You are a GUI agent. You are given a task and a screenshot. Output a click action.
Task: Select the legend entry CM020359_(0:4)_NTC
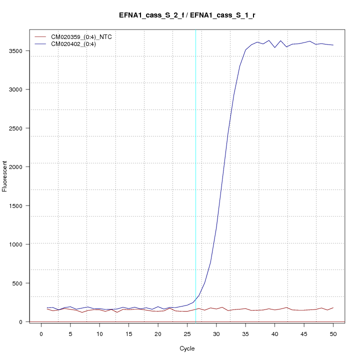click(x=85, y=37)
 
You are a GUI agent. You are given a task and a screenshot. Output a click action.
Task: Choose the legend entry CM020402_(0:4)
click(x=77, y=44)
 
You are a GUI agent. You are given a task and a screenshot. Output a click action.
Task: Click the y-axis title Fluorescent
click(x=5, y=176)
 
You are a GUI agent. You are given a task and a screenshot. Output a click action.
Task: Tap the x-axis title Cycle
click(x=187, y=348)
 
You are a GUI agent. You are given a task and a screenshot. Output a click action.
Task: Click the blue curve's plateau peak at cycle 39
click(x=269, y=40)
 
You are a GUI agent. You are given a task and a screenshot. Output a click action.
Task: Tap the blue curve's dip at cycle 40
click(x=274, y=47)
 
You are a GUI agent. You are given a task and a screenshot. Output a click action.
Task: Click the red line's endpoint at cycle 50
click(x=333, y=307)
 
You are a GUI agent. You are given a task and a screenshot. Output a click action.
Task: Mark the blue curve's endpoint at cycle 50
click(x=333, y=45)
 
